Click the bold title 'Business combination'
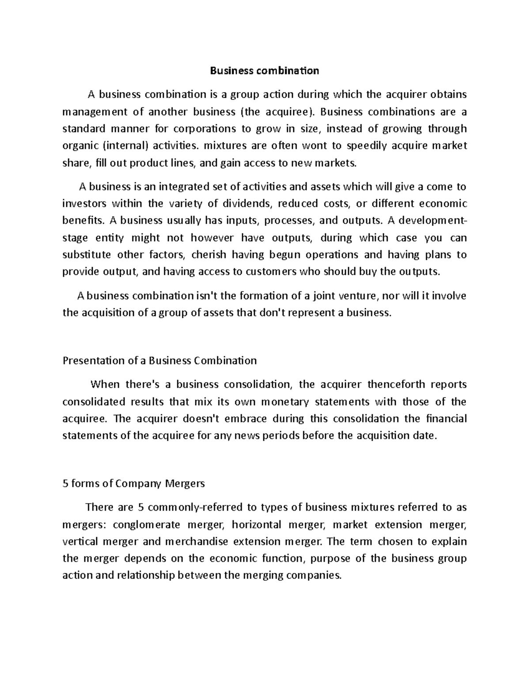(x=264, y=71)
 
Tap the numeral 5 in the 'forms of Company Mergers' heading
(x=65, y=484)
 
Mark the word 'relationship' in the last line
(x=145, y=576)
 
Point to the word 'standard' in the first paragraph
(x=84, y=129)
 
